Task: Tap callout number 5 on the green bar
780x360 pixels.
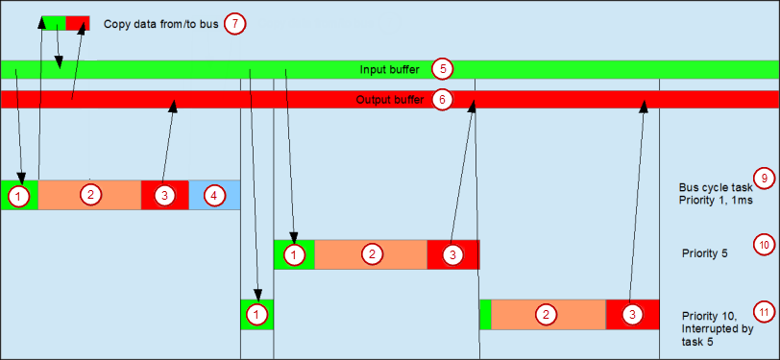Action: (x=441, y=69)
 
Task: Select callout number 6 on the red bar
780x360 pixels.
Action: (x=441, y=99)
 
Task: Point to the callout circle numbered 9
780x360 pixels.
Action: (x=763, y=177)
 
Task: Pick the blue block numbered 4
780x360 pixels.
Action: (x=214, y=195)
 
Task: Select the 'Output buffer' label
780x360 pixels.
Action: (x=387, y=100)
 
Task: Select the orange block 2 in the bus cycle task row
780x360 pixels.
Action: (x=89, y=195)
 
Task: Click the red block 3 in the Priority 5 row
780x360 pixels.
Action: (x=452, y=254)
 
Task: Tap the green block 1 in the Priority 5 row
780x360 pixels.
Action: (x=294, y=254)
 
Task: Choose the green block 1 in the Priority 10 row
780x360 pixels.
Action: (x=256, y=314)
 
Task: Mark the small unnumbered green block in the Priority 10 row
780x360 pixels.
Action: (x=485, y=315)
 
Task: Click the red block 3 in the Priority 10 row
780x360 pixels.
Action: (x=632, y=315)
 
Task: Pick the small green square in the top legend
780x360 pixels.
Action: (x=54, y=22)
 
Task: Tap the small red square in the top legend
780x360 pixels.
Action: (x=78, y=22)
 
